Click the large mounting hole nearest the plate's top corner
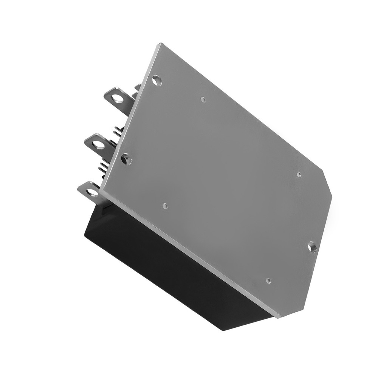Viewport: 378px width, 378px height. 157,80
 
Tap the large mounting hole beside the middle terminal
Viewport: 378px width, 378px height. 126,159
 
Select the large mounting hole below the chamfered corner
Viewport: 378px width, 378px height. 312,247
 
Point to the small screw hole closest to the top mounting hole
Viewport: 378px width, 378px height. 203,99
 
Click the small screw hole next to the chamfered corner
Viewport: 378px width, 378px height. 298,174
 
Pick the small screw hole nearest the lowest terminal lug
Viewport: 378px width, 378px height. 165,206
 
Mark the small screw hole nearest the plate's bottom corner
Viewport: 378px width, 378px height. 268,280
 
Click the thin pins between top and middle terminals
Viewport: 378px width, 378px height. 118,131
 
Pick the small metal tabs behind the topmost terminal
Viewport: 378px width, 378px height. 137,88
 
